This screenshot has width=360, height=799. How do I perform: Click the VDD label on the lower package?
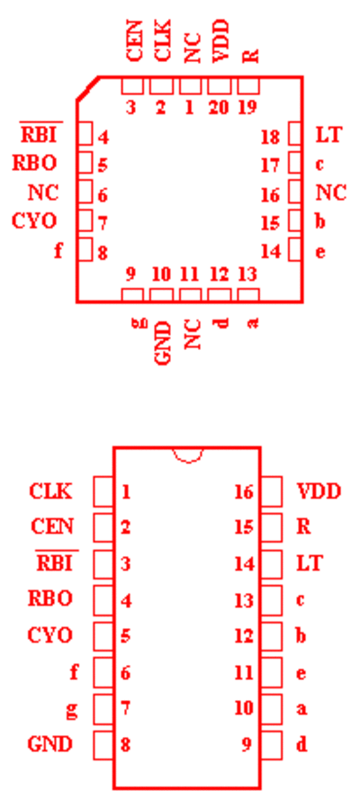pyautogui.click(x=319, y=492)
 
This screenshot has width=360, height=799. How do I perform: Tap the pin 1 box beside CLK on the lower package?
pyautogui.click(x=103, y=492)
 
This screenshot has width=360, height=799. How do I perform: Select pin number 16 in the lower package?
pyautogui.click(x=244, y=492)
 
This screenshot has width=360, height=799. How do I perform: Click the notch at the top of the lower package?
pyautogui.click(x=188, y=455)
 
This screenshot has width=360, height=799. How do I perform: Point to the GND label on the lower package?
pyautogui.click(x=50, y=744)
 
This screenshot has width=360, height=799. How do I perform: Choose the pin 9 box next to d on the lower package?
pyautogui.click(x=271, y=745)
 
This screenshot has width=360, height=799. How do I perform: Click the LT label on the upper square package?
pyautogui.click(x=328, y=136)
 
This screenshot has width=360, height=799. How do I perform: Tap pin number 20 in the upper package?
pyautogui.click(x=218, y=107)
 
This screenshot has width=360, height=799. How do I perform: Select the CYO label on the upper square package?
pyautogui.click(x=34, y=221)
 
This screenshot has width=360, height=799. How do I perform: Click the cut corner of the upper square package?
pyautogui.click(x=87, y=88)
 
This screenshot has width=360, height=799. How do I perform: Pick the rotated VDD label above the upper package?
pyautogui.click(x=221, y=41)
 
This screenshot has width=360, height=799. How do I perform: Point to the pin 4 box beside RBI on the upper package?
pyautogui.click(x=85, y=133)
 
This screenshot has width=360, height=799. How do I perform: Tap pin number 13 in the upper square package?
pyautogui.click(x=247, y=274)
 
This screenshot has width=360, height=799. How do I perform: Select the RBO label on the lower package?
pyautogui.click(x=50, y=598)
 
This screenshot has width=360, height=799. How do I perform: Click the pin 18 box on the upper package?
pyautogui.click(x=295, y=133)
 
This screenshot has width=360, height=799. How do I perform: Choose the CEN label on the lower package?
pyautogui.click(x=52, y=525)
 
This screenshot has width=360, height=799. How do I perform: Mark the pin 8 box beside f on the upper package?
pyautogui.click(x=85, y=249)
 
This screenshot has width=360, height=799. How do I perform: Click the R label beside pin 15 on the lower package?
pyautogui.click(x=303, y=525)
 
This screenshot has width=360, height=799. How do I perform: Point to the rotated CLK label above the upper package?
pyautogui.click(x=162, y=41)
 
